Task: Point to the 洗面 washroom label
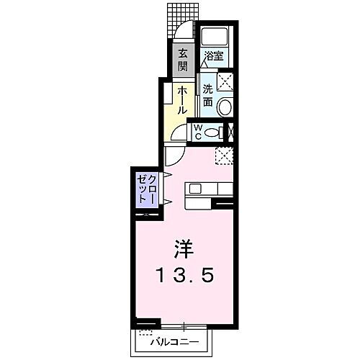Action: tap(207, 96)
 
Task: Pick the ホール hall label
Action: tap(183, 101)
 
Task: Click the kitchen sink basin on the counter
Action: tap(195, 189)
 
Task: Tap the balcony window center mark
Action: tap(184, 324)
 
